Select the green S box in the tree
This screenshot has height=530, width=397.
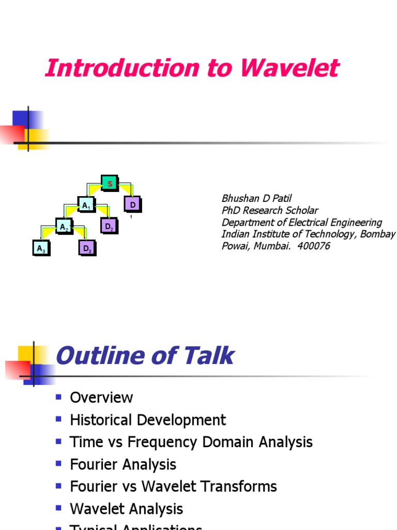[110, 184]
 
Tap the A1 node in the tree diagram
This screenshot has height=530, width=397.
[86, 205]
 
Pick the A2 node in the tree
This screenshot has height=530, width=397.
[64, 227]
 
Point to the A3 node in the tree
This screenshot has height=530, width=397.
[41, 249]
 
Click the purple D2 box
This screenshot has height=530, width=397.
[109, 227]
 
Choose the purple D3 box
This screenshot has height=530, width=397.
[87, 249]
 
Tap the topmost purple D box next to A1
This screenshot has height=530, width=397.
[132, 205]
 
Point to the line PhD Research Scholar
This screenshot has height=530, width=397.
[270, 210]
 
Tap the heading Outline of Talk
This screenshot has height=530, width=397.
[144, 356]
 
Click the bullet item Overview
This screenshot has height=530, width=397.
[101, 397]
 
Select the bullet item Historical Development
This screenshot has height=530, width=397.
[148, 420]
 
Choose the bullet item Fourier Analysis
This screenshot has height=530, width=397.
[123, 464]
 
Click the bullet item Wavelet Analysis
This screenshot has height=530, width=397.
[126, 509]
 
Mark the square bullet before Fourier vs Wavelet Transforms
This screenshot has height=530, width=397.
[58, 485]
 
